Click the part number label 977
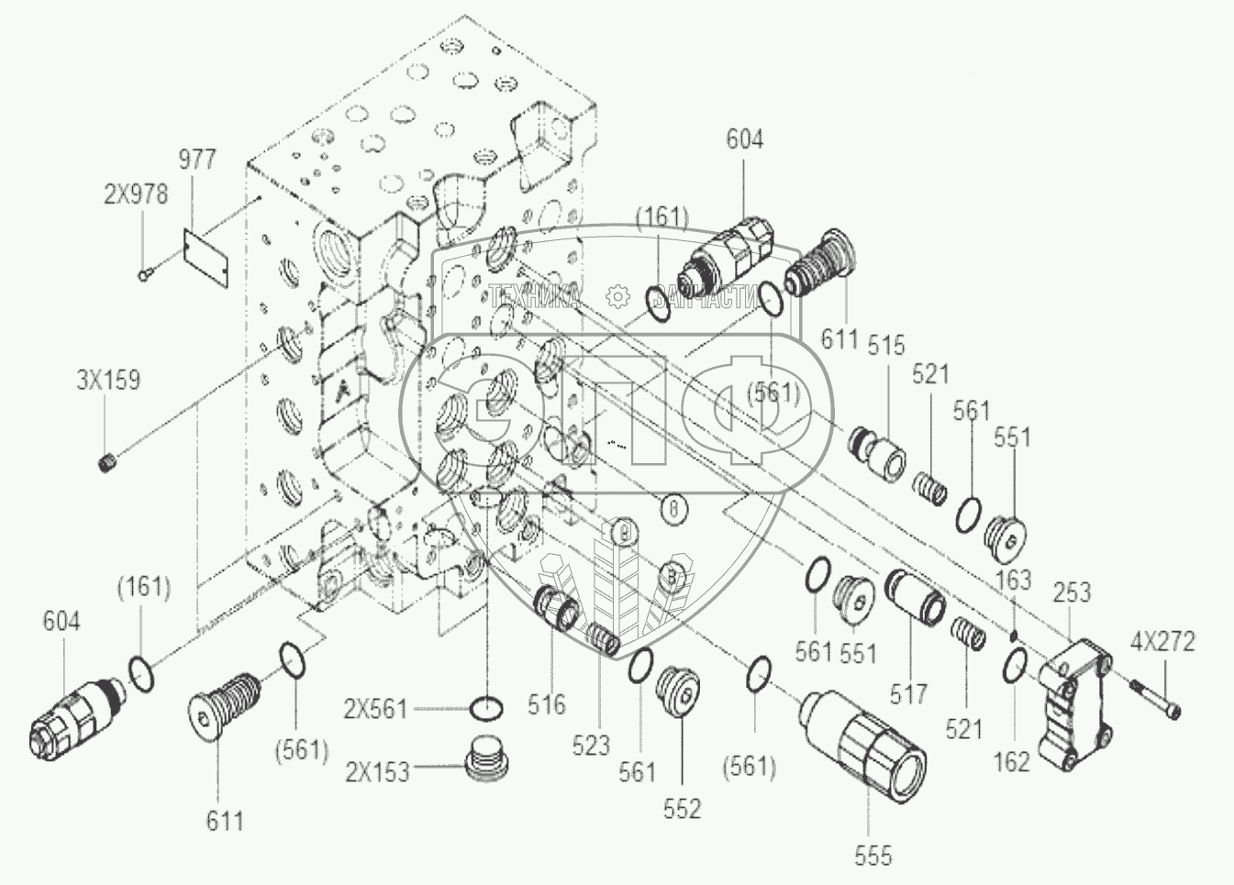tap(196, 159)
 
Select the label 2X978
tap(135, 195)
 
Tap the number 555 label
tap(872, 856)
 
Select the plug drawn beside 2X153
tap(486, 758)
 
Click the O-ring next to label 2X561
tap(486, 708)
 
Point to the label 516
tap(546, 704)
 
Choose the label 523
tap(590, 745)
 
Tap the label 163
tap(1013, 580)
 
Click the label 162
tap(1012, 762)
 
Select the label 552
tap(682, 808)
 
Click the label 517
tap(908, 694)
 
